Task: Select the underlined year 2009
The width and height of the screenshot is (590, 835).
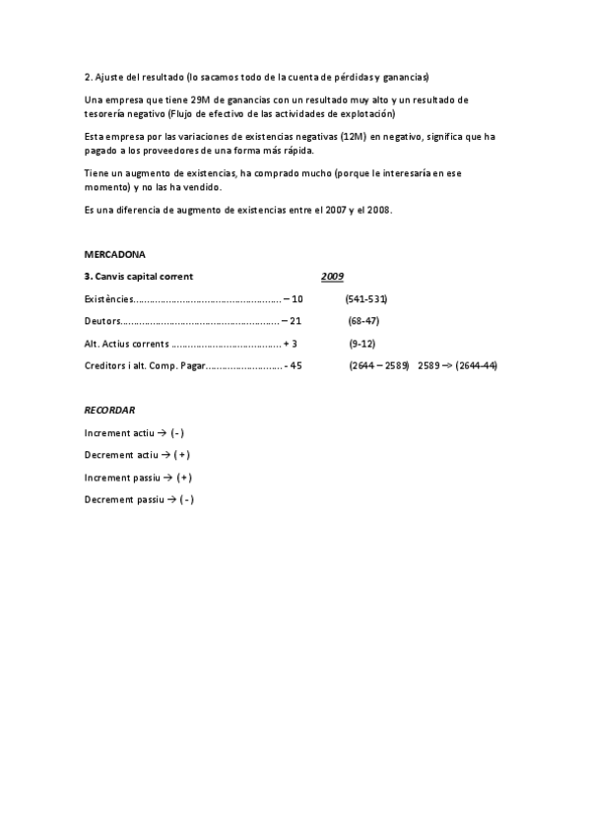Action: point(332,276)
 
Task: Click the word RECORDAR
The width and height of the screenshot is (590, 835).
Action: point(109,409)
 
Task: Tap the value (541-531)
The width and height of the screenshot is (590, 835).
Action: point(365,298)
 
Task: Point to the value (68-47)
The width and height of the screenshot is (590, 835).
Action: point(364,321)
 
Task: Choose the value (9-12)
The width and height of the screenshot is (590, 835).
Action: point(362,344)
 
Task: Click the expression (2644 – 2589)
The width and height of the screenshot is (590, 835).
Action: point(378,366)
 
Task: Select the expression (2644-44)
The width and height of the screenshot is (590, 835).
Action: point(476,366)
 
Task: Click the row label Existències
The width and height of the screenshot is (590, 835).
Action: point(107,298)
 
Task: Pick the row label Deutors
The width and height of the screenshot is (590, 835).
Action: point(102,321)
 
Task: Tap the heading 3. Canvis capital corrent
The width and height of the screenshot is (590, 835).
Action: point(139,276)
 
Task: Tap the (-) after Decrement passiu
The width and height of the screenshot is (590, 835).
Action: point(184,500)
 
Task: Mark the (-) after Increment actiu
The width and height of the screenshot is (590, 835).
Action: point(177,432)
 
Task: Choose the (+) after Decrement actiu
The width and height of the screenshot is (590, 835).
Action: point(180,455)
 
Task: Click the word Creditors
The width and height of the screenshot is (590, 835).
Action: point(106,366)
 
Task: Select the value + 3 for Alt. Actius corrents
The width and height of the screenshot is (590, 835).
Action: point(290,344)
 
